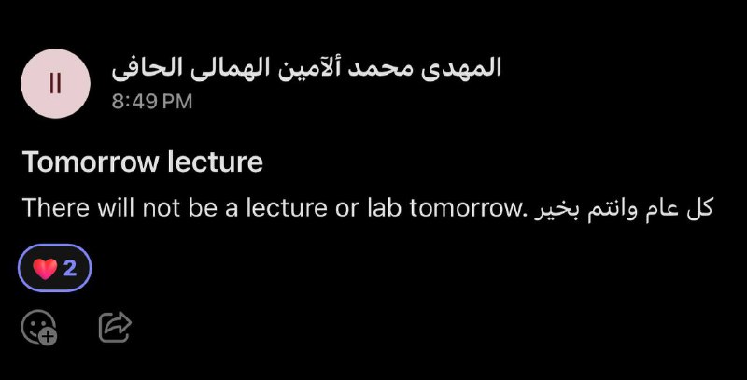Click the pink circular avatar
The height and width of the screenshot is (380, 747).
click(55, 83)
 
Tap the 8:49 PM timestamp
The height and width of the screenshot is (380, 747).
click(152, 102)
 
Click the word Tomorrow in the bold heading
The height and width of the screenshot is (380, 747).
click(91, 162)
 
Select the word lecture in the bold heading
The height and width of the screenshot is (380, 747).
click(216, 162)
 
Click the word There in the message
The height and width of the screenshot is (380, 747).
click(56, 207)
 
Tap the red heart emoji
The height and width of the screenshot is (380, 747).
click(45, 268)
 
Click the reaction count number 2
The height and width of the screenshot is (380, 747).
click(70, 268)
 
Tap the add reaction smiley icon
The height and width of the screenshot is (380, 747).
click(38, 327)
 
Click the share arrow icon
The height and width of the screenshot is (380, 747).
click(115, 327)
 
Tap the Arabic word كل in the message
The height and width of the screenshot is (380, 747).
click(699, 207)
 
